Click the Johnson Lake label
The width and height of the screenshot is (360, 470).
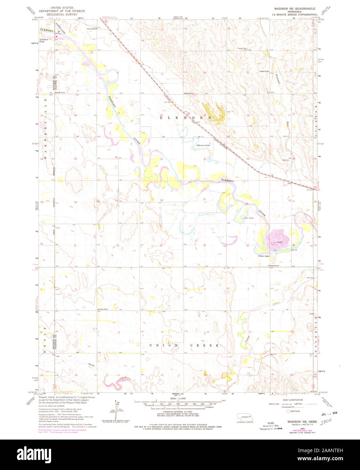tap(203, 145)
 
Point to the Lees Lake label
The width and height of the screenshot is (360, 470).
tap(248, 218)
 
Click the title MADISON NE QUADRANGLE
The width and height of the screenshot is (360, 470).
tap(295, 8)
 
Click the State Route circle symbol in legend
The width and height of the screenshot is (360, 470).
tap(289, 411)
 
